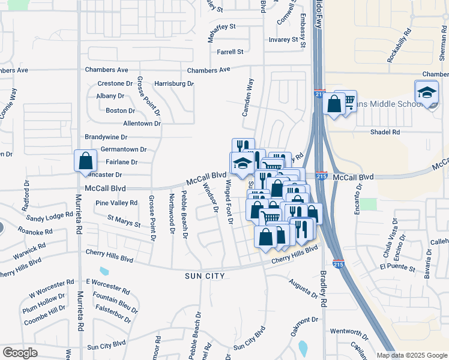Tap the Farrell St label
click(x=230, y=52)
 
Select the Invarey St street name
click(x=284, y=40)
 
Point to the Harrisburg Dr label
click(x=174, y=83)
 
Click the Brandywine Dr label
click(x=106, y=137)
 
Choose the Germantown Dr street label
click(x=124, y=149)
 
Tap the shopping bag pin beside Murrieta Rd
click(x=86, y=160)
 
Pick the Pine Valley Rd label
click(x=116, y=203)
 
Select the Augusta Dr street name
click(x=303, y=288)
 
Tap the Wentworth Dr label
click(x=349, y=331)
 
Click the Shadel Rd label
click(x=385, y=132)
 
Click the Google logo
click(x=20, y=353)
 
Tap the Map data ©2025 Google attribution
click(x=412, y=355)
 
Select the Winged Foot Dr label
click(x=229, y=202)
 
